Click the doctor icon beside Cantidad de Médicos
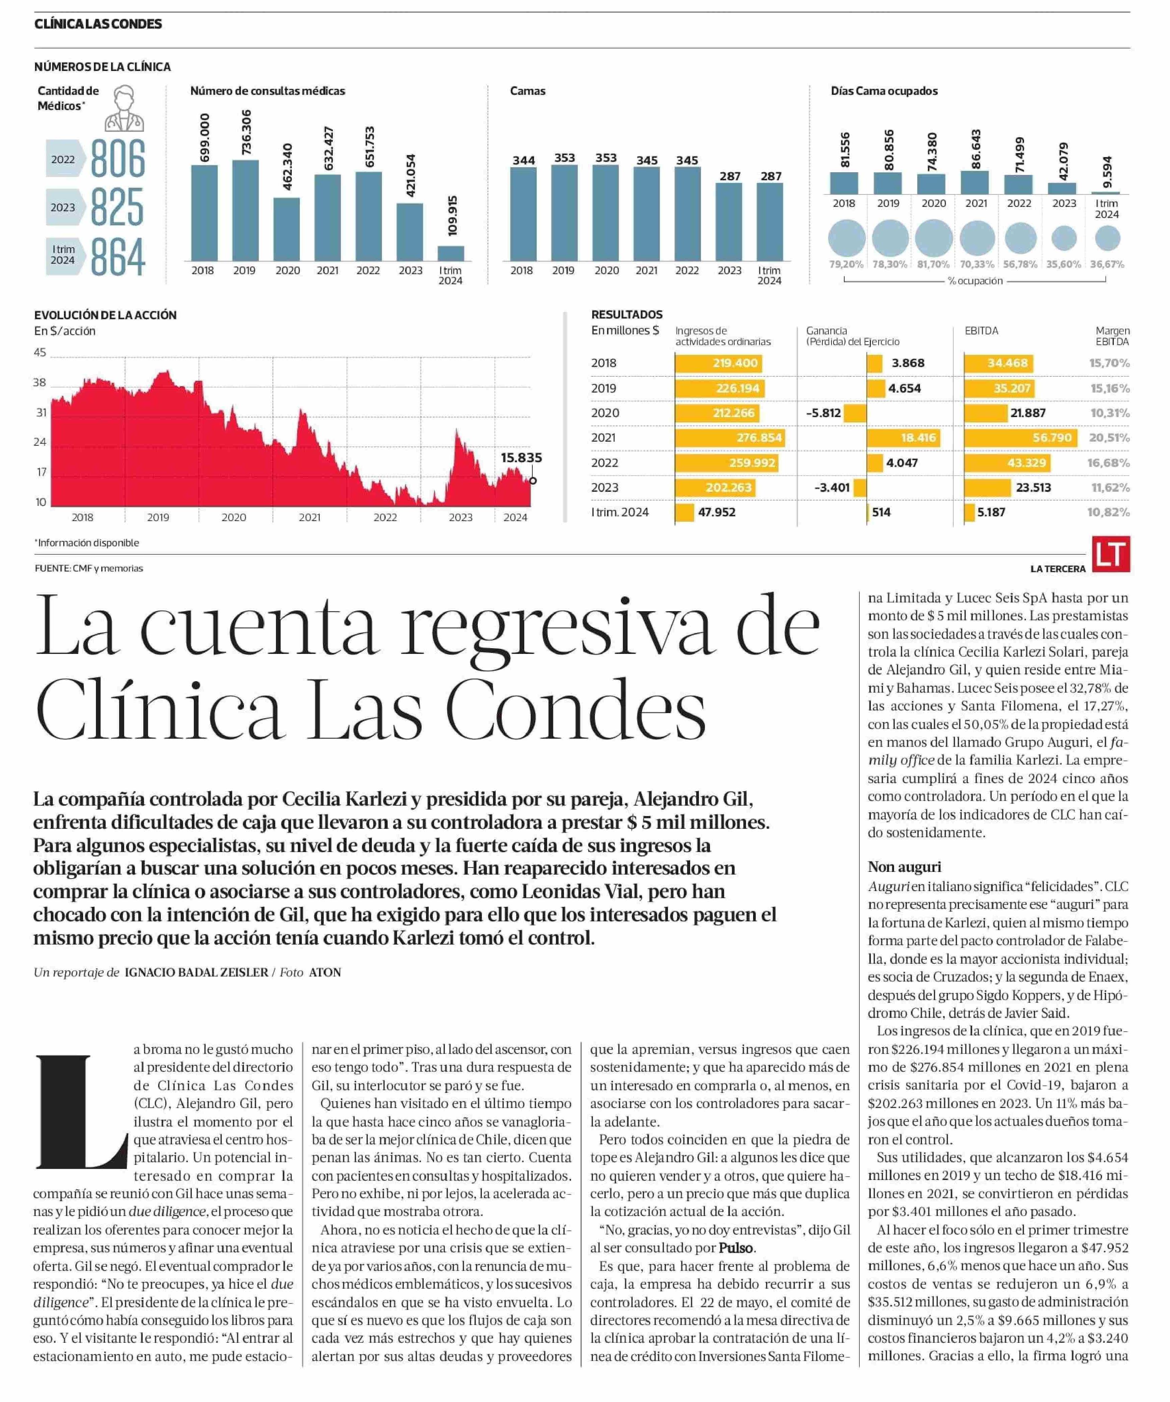[x=124, y=108]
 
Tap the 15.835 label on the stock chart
[x=521, y=458]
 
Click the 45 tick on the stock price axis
[x=40, y=353]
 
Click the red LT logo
[x=1111, y=554]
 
